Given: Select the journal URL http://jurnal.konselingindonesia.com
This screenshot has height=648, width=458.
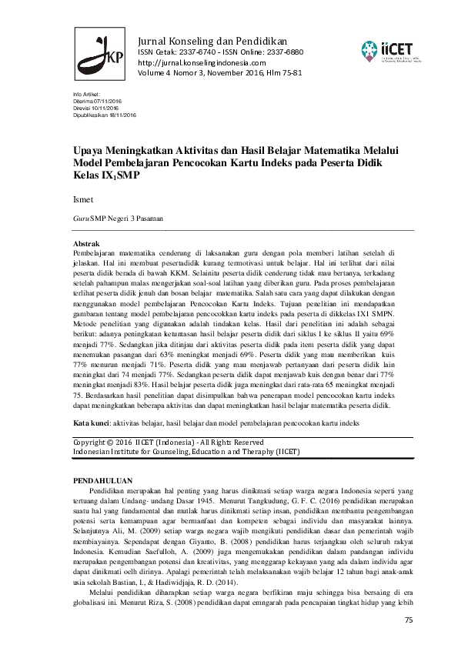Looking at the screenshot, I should click(x=202, y=62).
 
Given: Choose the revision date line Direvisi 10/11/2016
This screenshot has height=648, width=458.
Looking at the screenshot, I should click(x=95, y=107).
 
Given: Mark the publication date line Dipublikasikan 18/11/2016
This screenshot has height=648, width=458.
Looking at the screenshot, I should click(x=104, y=114).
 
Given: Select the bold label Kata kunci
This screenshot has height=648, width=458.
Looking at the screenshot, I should click(x=91, y=423).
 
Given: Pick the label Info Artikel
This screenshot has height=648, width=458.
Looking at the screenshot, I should click(x=86, y=93).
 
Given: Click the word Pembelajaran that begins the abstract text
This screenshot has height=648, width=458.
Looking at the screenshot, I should click(x=97, y=252).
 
